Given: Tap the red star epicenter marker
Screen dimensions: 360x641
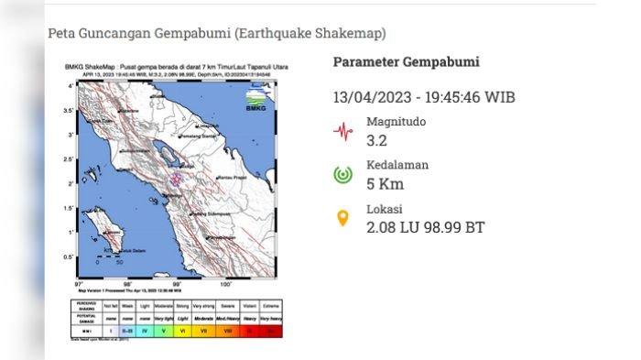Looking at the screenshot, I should click(177, 179).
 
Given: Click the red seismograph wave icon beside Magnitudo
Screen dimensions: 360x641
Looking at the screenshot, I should click(342, 131).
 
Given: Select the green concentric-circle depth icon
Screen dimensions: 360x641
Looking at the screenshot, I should click(342, 174).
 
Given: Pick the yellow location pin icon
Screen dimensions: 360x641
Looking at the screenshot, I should click(342, 218).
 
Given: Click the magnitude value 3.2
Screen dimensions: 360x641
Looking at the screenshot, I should click(377, 140).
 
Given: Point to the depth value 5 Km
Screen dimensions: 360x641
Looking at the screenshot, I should click(385, 183).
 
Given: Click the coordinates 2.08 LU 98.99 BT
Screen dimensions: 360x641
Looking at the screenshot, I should click(425, 226).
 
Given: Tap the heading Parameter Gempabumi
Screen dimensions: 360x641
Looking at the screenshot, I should click(406, 62).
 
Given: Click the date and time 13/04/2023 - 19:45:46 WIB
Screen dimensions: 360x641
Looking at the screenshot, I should click(423, 96).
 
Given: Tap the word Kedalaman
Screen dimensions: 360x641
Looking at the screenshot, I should click(397, 165).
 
